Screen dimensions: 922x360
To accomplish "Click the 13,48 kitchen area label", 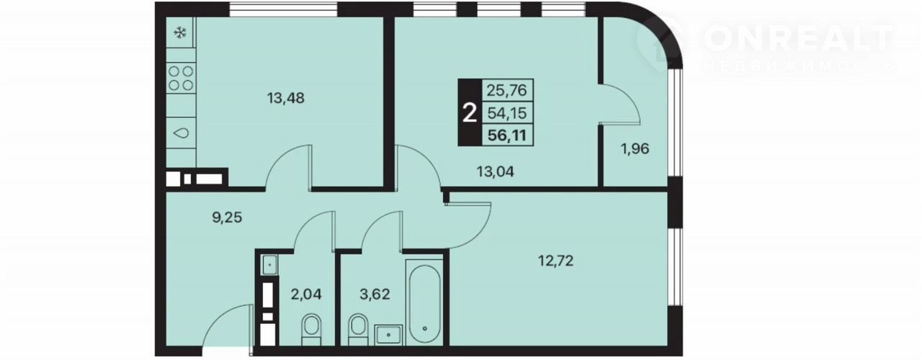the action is [x=286, y=99].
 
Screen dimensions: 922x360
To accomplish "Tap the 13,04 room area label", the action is [x=495, y=171].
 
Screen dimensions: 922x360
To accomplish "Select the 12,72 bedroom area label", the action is [x=556, y=261].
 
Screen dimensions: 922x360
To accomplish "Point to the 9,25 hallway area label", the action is [x=227, y=217].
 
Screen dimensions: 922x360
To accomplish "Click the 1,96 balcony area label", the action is [x=635, y=148].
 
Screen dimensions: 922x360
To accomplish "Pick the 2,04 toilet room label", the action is [x=306, y=294].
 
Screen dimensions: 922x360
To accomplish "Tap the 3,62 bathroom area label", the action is [x=375, y=294].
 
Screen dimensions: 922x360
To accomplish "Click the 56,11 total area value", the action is [x=507, y=135].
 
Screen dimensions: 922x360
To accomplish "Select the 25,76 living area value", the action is [x=506, y=90].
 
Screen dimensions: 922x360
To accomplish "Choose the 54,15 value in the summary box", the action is [x=507, y=113].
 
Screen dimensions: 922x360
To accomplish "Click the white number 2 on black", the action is [x=470, y=113].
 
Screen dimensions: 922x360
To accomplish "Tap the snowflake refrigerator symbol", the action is [x=180, y=32].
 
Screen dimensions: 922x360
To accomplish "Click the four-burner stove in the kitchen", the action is [x=181, y=78].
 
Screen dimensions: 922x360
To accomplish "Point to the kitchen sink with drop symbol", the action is [x=181, y=133].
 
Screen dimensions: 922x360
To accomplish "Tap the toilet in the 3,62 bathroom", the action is [x=358, y=330].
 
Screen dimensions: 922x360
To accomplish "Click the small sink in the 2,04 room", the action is [x=269, y=264].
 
